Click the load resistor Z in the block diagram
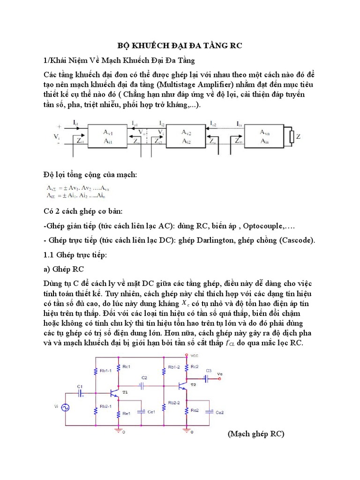[292, 136]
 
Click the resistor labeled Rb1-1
[96, 371]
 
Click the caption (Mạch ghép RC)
[256, 434]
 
